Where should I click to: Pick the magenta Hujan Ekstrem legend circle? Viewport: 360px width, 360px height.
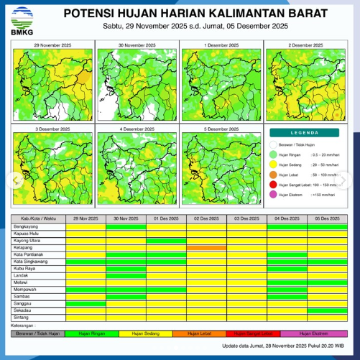coord(274,195)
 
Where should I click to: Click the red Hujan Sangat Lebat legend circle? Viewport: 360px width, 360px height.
coord(274,184)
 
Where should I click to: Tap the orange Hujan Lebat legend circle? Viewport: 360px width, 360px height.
coord(274,174)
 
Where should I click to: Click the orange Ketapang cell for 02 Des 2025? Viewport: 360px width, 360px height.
coord(206,248)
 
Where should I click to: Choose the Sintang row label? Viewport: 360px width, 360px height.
coord(21,316)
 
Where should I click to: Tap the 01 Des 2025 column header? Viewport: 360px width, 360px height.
coord(166,218)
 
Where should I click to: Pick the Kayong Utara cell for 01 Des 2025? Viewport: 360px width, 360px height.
coord(166,241)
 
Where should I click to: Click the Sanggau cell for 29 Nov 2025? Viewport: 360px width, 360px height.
coord(86,303)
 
